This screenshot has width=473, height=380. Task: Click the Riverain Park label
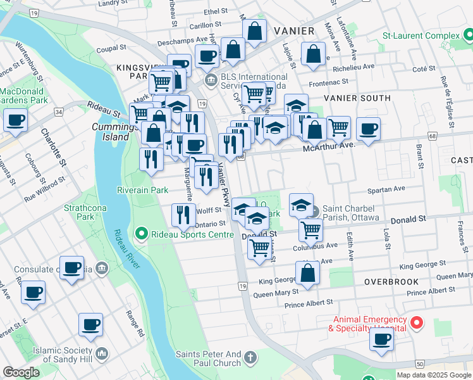coord(142,189)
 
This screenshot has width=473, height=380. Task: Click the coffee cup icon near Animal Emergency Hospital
coord(382,339)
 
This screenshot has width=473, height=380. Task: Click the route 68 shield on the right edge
coord(433,136)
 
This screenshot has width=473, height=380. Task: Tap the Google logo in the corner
coord(21,372)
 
